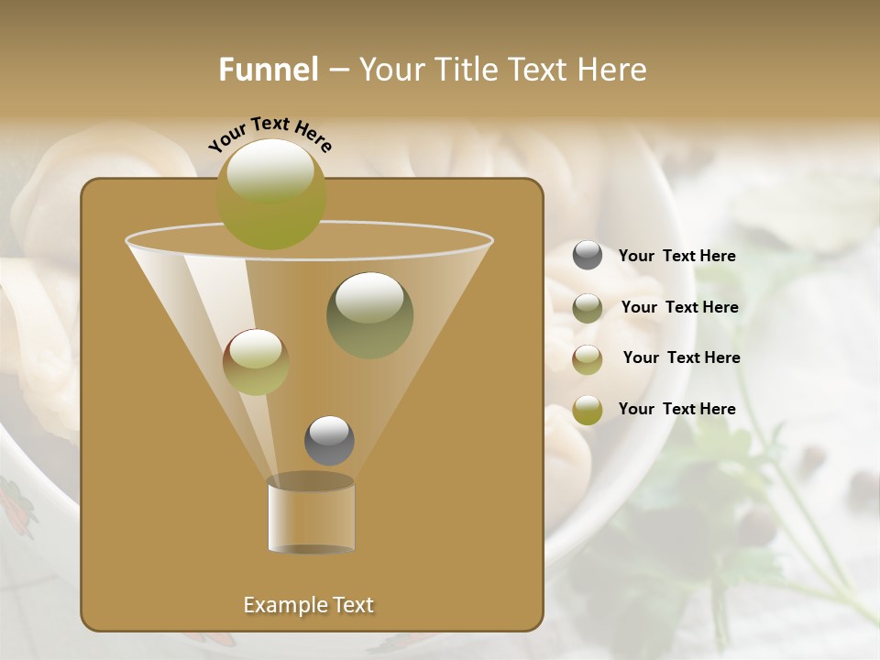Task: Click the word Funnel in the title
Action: click(268, 70)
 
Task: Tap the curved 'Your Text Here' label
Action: click(270, 133)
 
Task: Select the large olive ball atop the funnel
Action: click(271, 193)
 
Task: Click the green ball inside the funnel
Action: click(369, 314)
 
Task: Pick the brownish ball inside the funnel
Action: click(256, 362)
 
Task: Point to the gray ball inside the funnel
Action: click(329, 440)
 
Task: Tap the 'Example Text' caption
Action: click(309, 605)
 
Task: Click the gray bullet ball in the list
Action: click(588, 256)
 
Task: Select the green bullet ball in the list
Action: click(588, 308)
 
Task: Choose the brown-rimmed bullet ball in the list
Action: click(588, 359)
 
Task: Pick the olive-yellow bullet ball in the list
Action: click(588, 410)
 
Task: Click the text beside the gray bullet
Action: click(677, 257)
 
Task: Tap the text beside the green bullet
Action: click(680, 308)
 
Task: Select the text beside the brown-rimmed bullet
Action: click(682, 358)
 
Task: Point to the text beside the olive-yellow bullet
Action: click(677, 410)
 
